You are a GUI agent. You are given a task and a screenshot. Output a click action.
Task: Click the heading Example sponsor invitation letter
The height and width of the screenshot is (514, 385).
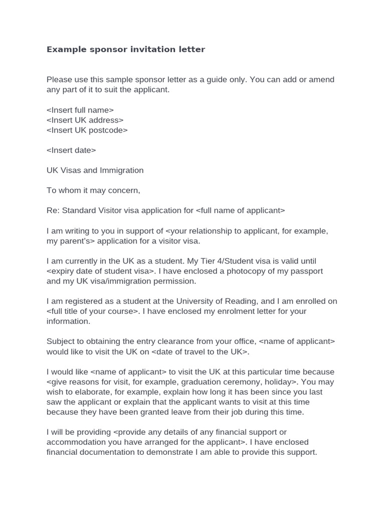(126, 50)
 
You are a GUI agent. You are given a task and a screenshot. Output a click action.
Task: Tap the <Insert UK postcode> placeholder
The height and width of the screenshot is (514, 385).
(87, 130)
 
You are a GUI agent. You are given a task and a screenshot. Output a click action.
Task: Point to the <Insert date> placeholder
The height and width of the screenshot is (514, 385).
(71, 150)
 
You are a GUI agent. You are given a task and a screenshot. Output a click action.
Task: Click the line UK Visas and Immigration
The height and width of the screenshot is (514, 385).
(95, 170)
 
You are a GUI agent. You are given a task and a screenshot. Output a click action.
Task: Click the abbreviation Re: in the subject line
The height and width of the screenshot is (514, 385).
(53, 210)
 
